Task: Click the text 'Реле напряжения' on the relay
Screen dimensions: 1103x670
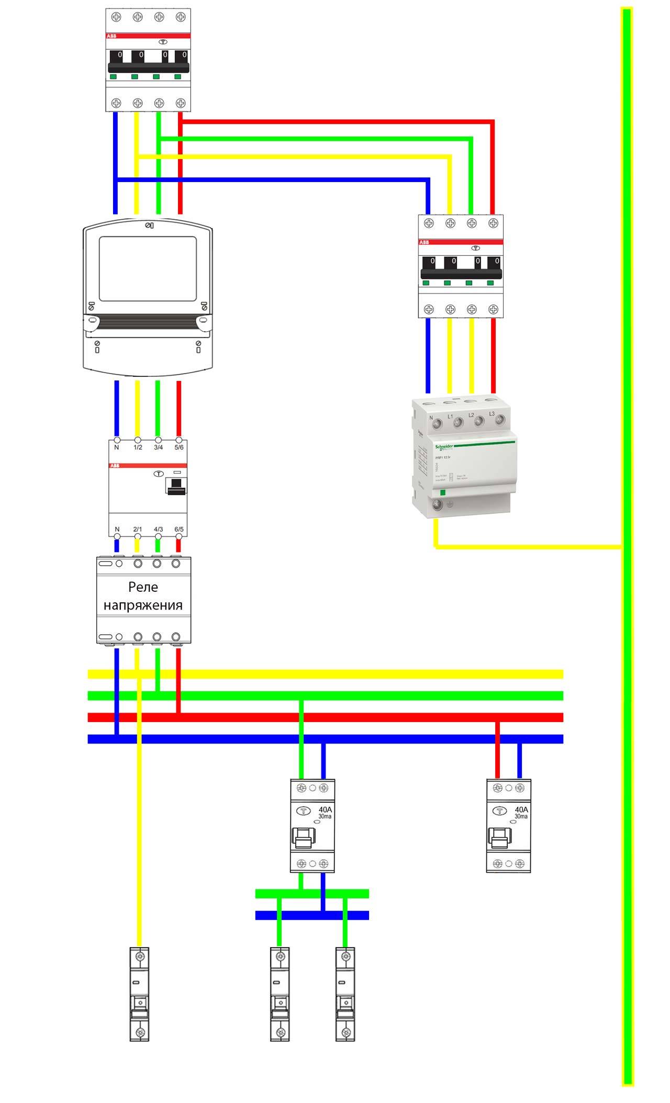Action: [143, 596]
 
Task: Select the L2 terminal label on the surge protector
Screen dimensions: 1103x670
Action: [471, 415]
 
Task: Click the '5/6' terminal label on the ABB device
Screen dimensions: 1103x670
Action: [179, 447]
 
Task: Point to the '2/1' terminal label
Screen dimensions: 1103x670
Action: [138, 529]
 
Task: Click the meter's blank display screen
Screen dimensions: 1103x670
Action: [148, 268]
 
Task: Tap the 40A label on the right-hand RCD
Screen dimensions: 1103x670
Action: [521, 809]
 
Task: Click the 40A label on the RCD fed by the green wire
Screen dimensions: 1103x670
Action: [325, 809]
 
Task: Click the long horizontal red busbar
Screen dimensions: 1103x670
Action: [325, 717]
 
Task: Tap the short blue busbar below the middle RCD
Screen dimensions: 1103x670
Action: [312, 915]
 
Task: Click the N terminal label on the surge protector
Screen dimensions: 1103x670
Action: [431, 418]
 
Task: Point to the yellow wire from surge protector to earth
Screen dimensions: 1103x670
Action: [523, 547]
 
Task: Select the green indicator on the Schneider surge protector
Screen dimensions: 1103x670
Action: [442, 492]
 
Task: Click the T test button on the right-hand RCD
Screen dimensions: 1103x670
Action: [500, 811]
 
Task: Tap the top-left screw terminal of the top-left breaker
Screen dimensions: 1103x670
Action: [116, 17]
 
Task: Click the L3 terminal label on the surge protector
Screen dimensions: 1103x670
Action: [492, 414]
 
